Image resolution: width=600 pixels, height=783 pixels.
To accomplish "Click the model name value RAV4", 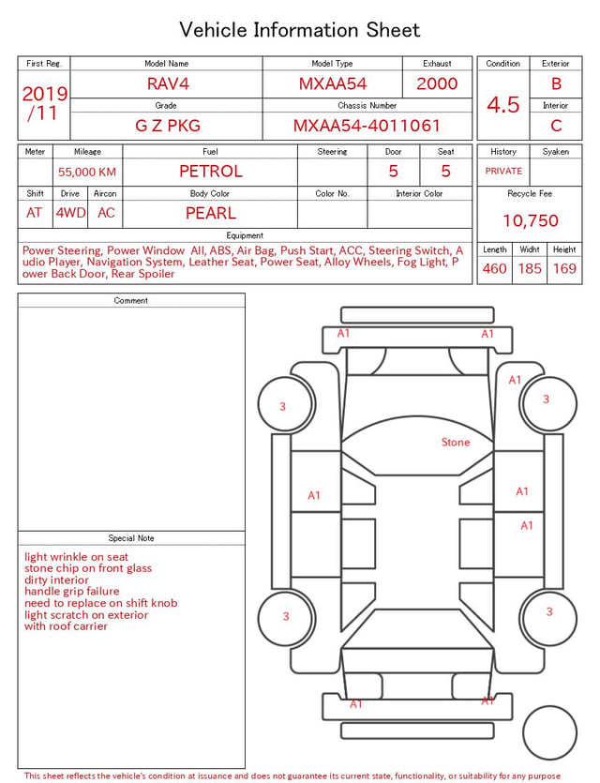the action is pyautogui.click(x=168, y=83).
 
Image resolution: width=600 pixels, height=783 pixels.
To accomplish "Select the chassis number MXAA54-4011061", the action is pyautogui.click(x=367, y=126).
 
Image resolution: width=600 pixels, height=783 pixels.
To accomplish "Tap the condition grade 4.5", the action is pyautogui.click(x=503, y=104).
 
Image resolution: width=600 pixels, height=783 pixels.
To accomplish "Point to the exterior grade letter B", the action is pyautogui.click(x=556, y=83).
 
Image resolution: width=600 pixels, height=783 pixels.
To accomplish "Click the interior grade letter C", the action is pyautogui.click(x=556, y=126).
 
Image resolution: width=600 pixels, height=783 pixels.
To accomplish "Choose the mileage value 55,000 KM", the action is pyautogui.click(x=87, y=173).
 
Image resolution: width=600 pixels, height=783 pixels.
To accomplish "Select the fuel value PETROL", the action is pyautogui.click(x=211, y=172).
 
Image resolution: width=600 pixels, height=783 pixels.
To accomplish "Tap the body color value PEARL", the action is pyautogui.click(x=211, y=213).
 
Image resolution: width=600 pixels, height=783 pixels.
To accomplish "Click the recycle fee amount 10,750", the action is pyautogui.click(x=530, y=220).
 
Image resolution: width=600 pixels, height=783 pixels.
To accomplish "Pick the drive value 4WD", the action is pyautogui.click(x=70, y=213).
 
